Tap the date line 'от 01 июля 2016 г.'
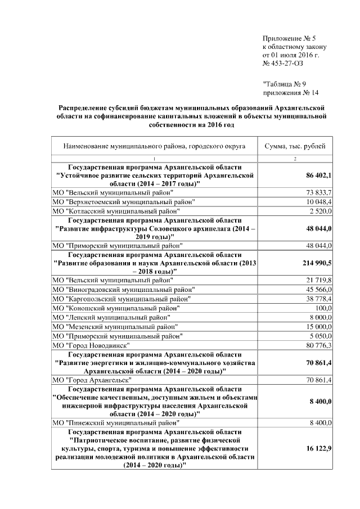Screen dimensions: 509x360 click(x=291, y=56)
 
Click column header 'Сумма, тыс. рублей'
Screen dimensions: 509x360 click(x=295, y=146)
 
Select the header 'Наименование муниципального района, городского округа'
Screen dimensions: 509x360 click(x=154, y=146)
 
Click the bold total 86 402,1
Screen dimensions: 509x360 click(x=319, y=176)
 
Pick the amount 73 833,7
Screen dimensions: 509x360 click(x=319, y=192)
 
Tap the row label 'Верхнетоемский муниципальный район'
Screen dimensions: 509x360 click(x=124, y=201)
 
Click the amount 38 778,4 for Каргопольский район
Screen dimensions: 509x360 click(x=319, y=298)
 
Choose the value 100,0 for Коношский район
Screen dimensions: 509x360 click(x=323, y=308)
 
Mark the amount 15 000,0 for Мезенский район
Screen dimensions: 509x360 click(x=319, y=326)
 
